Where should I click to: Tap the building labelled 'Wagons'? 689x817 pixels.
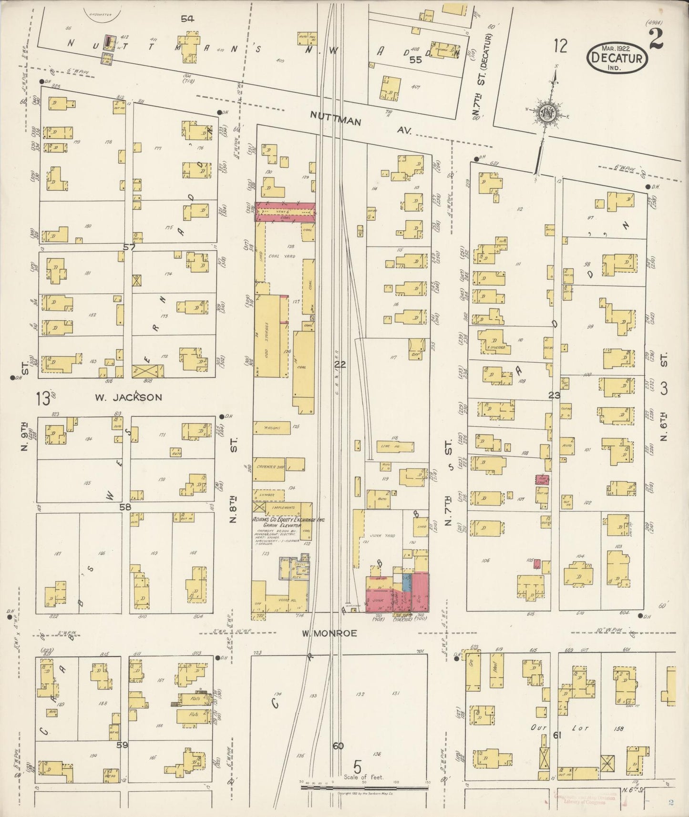271,428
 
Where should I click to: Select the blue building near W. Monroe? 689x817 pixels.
407,581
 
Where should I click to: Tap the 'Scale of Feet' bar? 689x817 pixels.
364,788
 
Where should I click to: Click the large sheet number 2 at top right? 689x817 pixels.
657,40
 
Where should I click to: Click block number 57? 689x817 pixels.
129,247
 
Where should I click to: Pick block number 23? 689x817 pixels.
554,395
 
